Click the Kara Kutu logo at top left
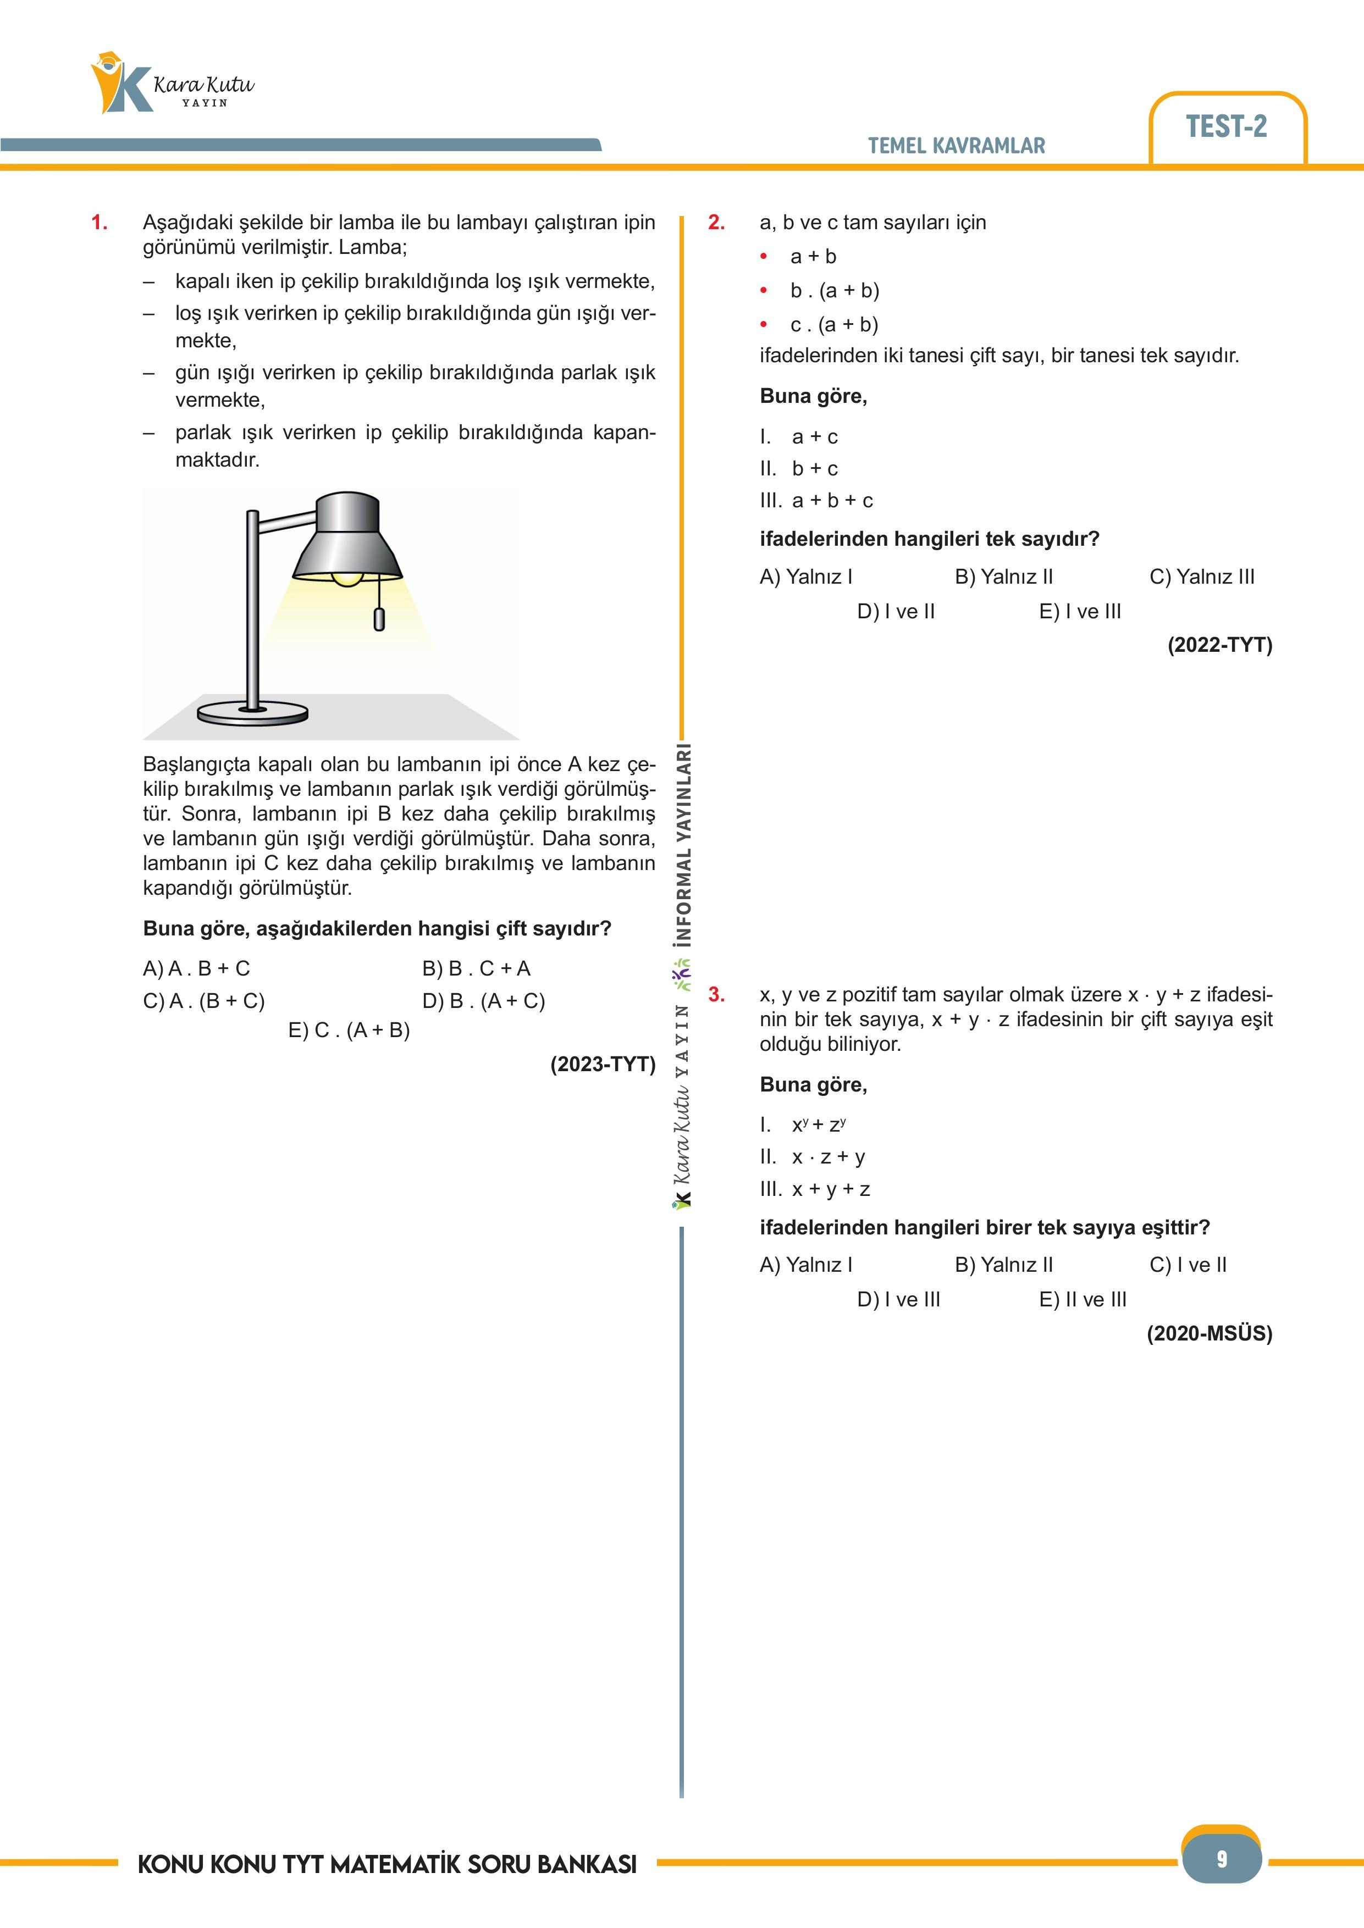(172, 84)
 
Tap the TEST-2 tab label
(1225, 127)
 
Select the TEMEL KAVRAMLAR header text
(956, 146)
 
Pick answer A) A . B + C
(196, 968)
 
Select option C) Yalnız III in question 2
(1201, 577)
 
